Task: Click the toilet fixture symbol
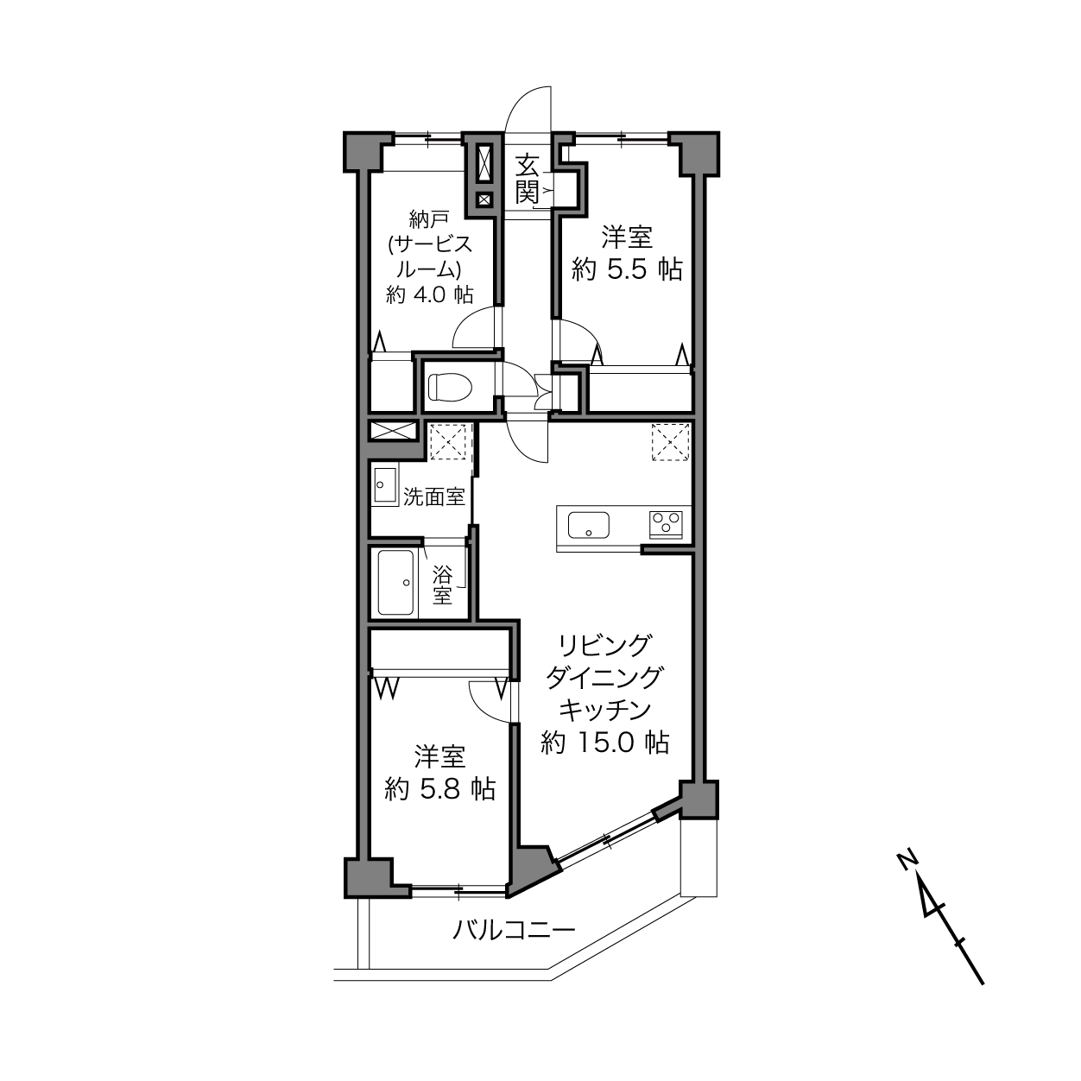[x=451, y=387]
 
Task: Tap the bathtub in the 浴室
[x=396, y=582]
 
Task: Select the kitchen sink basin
[x=589, y=524]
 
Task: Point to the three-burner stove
[x=666, y=524]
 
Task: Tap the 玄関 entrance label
[x=527, y=179]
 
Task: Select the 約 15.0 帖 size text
[x=604, y=743]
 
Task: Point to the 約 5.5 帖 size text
[x=627, y=270]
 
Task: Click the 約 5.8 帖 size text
[x=439, y=789]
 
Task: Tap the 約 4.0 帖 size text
[x=430, y=294]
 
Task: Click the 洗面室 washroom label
[x=434, y=496]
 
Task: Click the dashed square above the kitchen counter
[x=670, y=442]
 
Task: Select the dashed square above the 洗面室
[x=447, y=442]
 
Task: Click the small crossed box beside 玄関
[x=484, y=199]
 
